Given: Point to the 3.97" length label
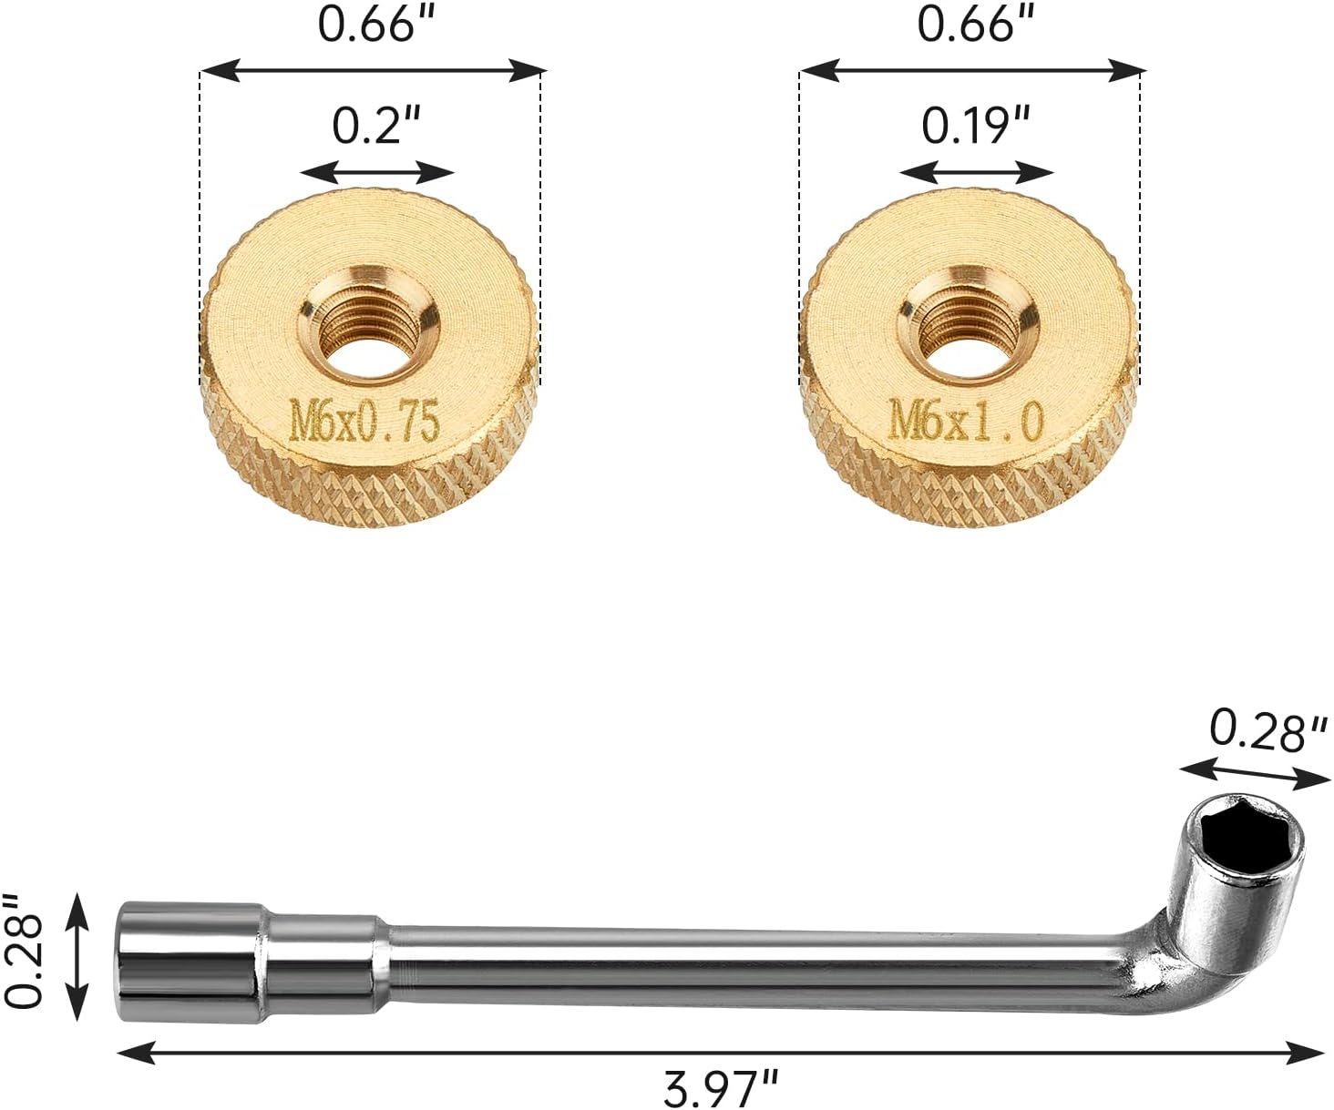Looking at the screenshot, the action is click(x=720, y=1087).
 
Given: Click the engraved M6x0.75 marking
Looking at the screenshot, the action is click(x=364, y=421).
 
